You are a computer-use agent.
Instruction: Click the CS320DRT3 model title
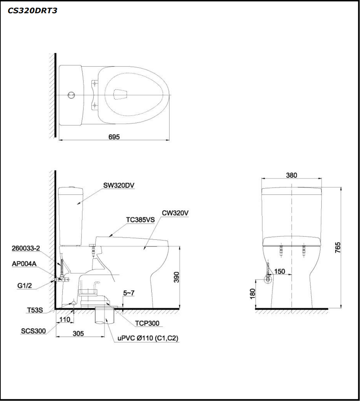click(x=33, y=11)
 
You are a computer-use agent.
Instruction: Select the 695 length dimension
click(x=114, y=137)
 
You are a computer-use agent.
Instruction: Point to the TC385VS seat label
click(x=140, y=220)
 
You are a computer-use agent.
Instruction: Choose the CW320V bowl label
click(x=175, y=213)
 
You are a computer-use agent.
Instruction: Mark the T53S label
click(x=35, y=310)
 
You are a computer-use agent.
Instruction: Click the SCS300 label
click(x=33, y=331)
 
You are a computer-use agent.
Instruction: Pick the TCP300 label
click(x=147, y=323)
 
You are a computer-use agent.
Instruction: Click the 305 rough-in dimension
click(x=78, y=333)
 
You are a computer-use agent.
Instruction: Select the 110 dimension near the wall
click(x=64, y=319)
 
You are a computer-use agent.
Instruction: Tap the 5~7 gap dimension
click(x=129, y=293)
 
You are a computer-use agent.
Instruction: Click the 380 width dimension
click(x=291, y=175)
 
